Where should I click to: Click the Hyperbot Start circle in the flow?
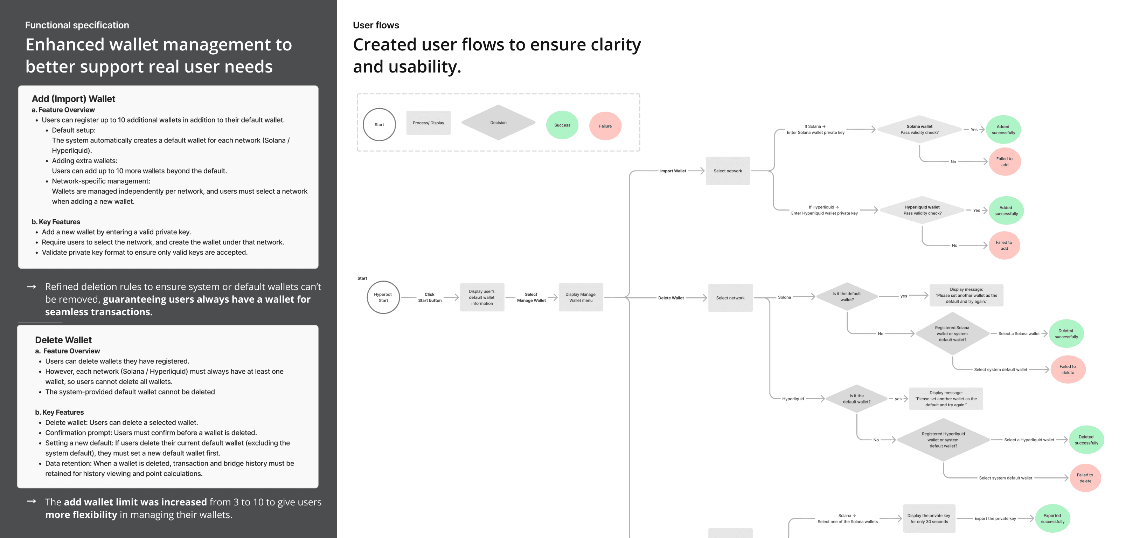coord(383,297)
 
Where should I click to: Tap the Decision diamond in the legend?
coord(498,123)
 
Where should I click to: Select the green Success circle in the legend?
coord(562,125)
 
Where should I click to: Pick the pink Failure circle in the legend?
coord(605,126)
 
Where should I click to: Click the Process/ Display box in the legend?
coord(428,123)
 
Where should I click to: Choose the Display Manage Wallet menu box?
coord(581,297)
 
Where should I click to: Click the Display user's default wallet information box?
coord(482,297)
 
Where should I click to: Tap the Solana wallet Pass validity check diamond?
coord(919,130)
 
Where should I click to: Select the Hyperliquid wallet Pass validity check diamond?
coord(922,211)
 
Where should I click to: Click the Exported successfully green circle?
coord(1052,519)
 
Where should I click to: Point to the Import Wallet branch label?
coord(673,171)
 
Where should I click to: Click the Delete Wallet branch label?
coord(671,298)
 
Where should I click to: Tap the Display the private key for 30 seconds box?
coord(929,519)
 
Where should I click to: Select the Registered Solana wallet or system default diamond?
coord(952,334)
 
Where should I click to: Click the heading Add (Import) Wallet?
coord(74,99)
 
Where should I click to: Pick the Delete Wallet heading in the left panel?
coord(63,340)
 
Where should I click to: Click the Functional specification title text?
coord(77,25)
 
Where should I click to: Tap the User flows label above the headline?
coord(376,25)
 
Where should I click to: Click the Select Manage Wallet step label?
coord(531,297)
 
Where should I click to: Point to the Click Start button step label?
coord(430,297)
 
